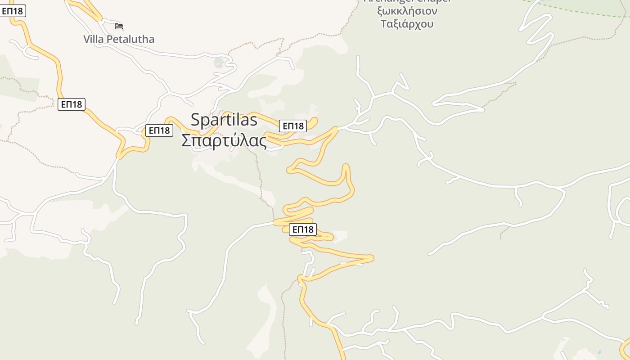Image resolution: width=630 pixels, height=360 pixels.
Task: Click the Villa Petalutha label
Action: point(119,39)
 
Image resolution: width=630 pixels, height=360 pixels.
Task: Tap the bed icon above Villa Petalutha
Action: point(119,26)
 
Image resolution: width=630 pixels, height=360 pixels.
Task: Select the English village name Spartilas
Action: point(224,120)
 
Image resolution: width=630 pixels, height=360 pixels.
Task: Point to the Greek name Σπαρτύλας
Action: point(224,140)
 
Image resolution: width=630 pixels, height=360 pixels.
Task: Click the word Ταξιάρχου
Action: point(407,24)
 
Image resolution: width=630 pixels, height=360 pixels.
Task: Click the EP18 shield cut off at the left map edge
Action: point(13,11)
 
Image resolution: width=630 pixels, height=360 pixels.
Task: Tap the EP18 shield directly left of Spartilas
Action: point(159,130)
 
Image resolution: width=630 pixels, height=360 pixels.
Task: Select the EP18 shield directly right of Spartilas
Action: point(293,126)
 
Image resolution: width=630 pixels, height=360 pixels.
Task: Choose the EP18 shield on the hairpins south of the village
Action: point(303,229)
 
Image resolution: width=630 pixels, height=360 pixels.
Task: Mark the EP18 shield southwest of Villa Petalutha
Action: point(72,104)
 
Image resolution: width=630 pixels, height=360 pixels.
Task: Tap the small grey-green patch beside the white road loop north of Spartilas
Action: point(219,62)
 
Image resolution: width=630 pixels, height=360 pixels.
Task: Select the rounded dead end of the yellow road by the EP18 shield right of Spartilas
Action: point(315,120)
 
